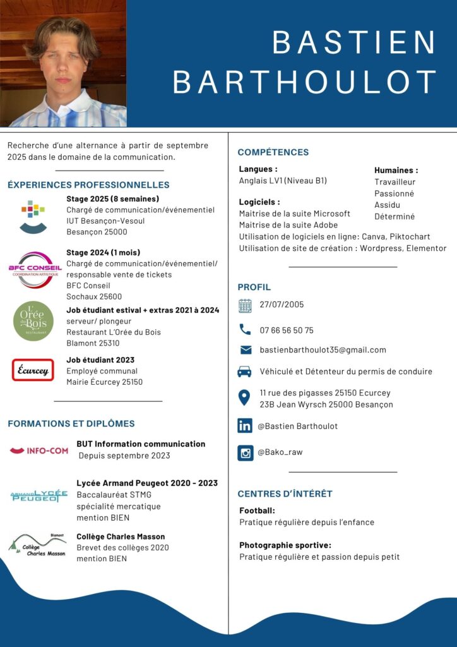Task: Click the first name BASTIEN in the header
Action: click(x=354, y=42)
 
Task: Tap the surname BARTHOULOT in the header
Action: click(x=305, y=82)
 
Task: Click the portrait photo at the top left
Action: click(x=63, y=63)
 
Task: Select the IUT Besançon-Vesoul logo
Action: click(x=33, y=217)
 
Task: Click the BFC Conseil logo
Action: click(x=35, y=269)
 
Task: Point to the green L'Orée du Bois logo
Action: click(x=33, y=321)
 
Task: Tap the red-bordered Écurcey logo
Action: click(x=33, y=370)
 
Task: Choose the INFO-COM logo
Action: click(x=39, y=450)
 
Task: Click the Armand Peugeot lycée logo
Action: click(x=39, y=495)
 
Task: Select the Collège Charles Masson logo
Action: click(x=37, y=545)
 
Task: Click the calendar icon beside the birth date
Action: click(x=245, y=306)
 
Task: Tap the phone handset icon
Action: click(x=245, y=329)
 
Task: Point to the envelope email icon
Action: click(x=246, y=350)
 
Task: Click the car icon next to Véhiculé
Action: click(x=244, y=372)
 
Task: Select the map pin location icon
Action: click(x=244, y=397)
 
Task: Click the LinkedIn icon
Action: click(x=245, y=425)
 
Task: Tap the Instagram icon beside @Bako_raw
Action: click(x=246, y=452)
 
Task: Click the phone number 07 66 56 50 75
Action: click(x=287, y=330)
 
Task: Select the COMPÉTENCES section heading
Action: click(x=273, y=152)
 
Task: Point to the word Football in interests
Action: click(x=257, y=511)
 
